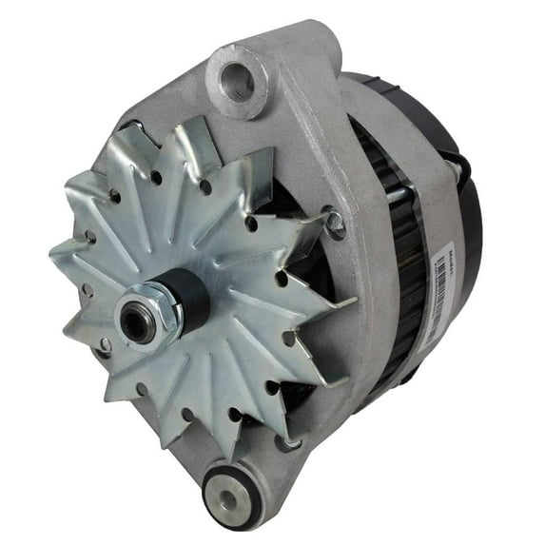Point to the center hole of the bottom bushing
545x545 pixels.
coord(231,498)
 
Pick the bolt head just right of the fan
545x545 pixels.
coord(333,223)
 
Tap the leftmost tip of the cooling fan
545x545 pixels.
coord(53,250)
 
